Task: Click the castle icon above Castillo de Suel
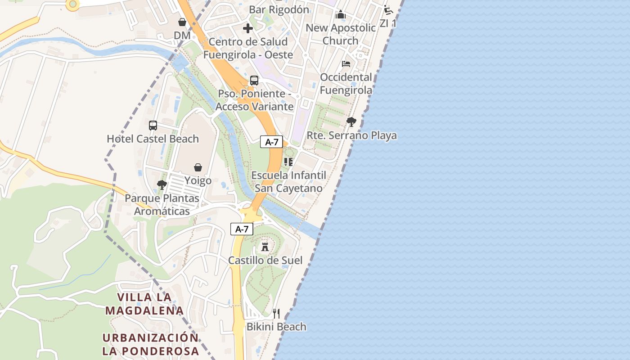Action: [265, 247]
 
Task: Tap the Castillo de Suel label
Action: [265, 260]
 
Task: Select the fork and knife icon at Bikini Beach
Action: [276, 313]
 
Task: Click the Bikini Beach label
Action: [276, 327]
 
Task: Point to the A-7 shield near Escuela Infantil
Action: [272, 142]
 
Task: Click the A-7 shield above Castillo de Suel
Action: [242, 229]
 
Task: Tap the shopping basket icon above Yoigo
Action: [198, 167]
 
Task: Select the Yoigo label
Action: [198, 181]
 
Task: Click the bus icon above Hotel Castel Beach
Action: [153, 126]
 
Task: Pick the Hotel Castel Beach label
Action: [153, 139]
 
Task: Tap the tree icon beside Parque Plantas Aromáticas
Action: [162, 184]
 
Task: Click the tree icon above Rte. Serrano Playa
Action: [351, 121]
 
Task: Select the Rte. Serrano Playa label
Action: [351, 135]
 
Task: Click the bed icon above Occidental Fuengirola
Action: [346, 64]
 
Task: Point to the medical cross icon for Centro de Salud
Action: [247, 28]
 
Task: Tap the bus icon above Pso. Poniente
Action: [254, 81]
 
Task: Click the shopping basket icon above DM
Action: [182, 22]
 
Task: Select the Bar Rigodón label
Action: [279, 9]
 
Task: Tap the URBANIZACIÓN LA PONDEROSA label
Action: [150, 344]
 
